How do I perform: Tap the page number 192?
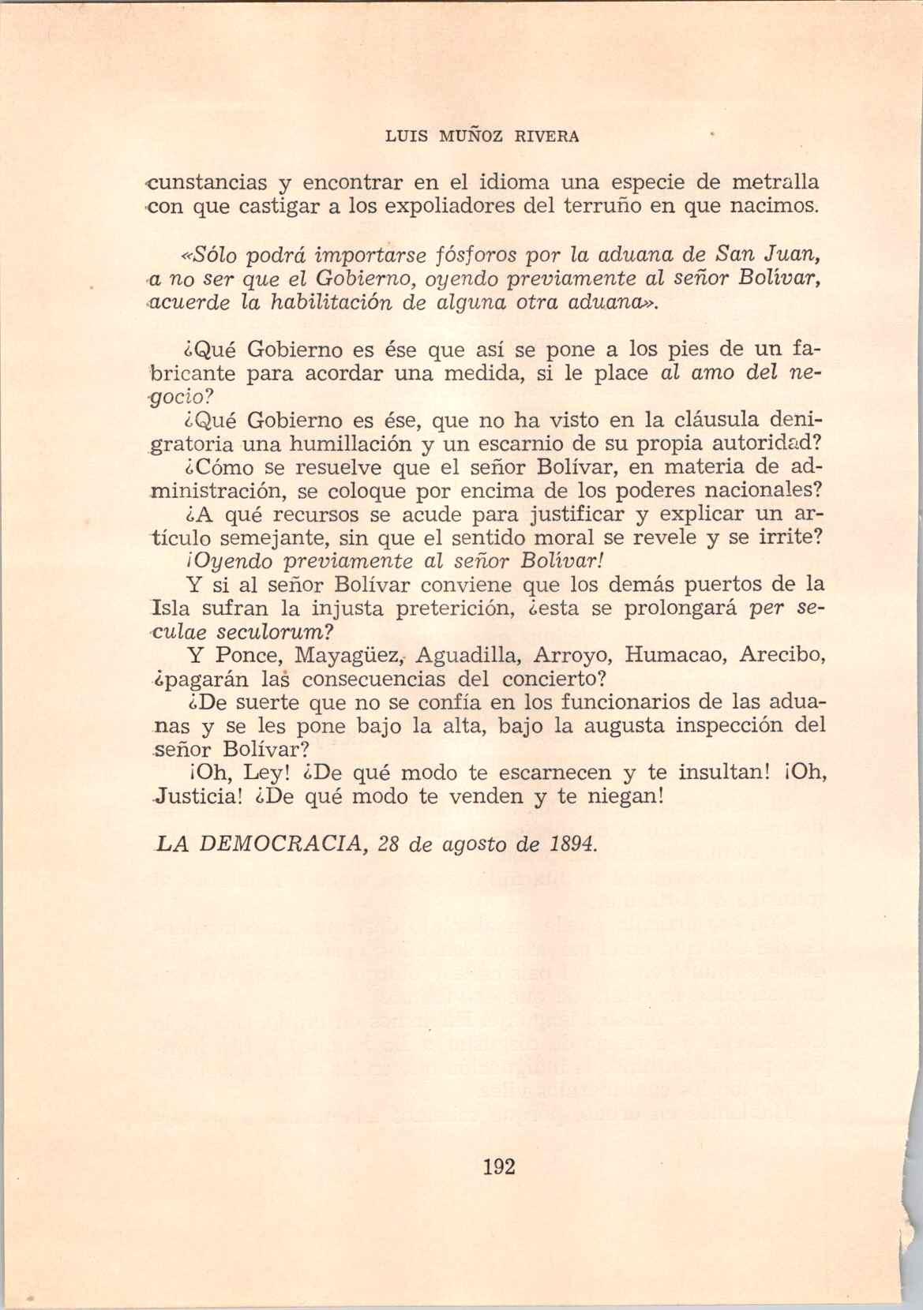pos(497,1166)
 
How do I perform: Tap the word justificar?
pos(571,515)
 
